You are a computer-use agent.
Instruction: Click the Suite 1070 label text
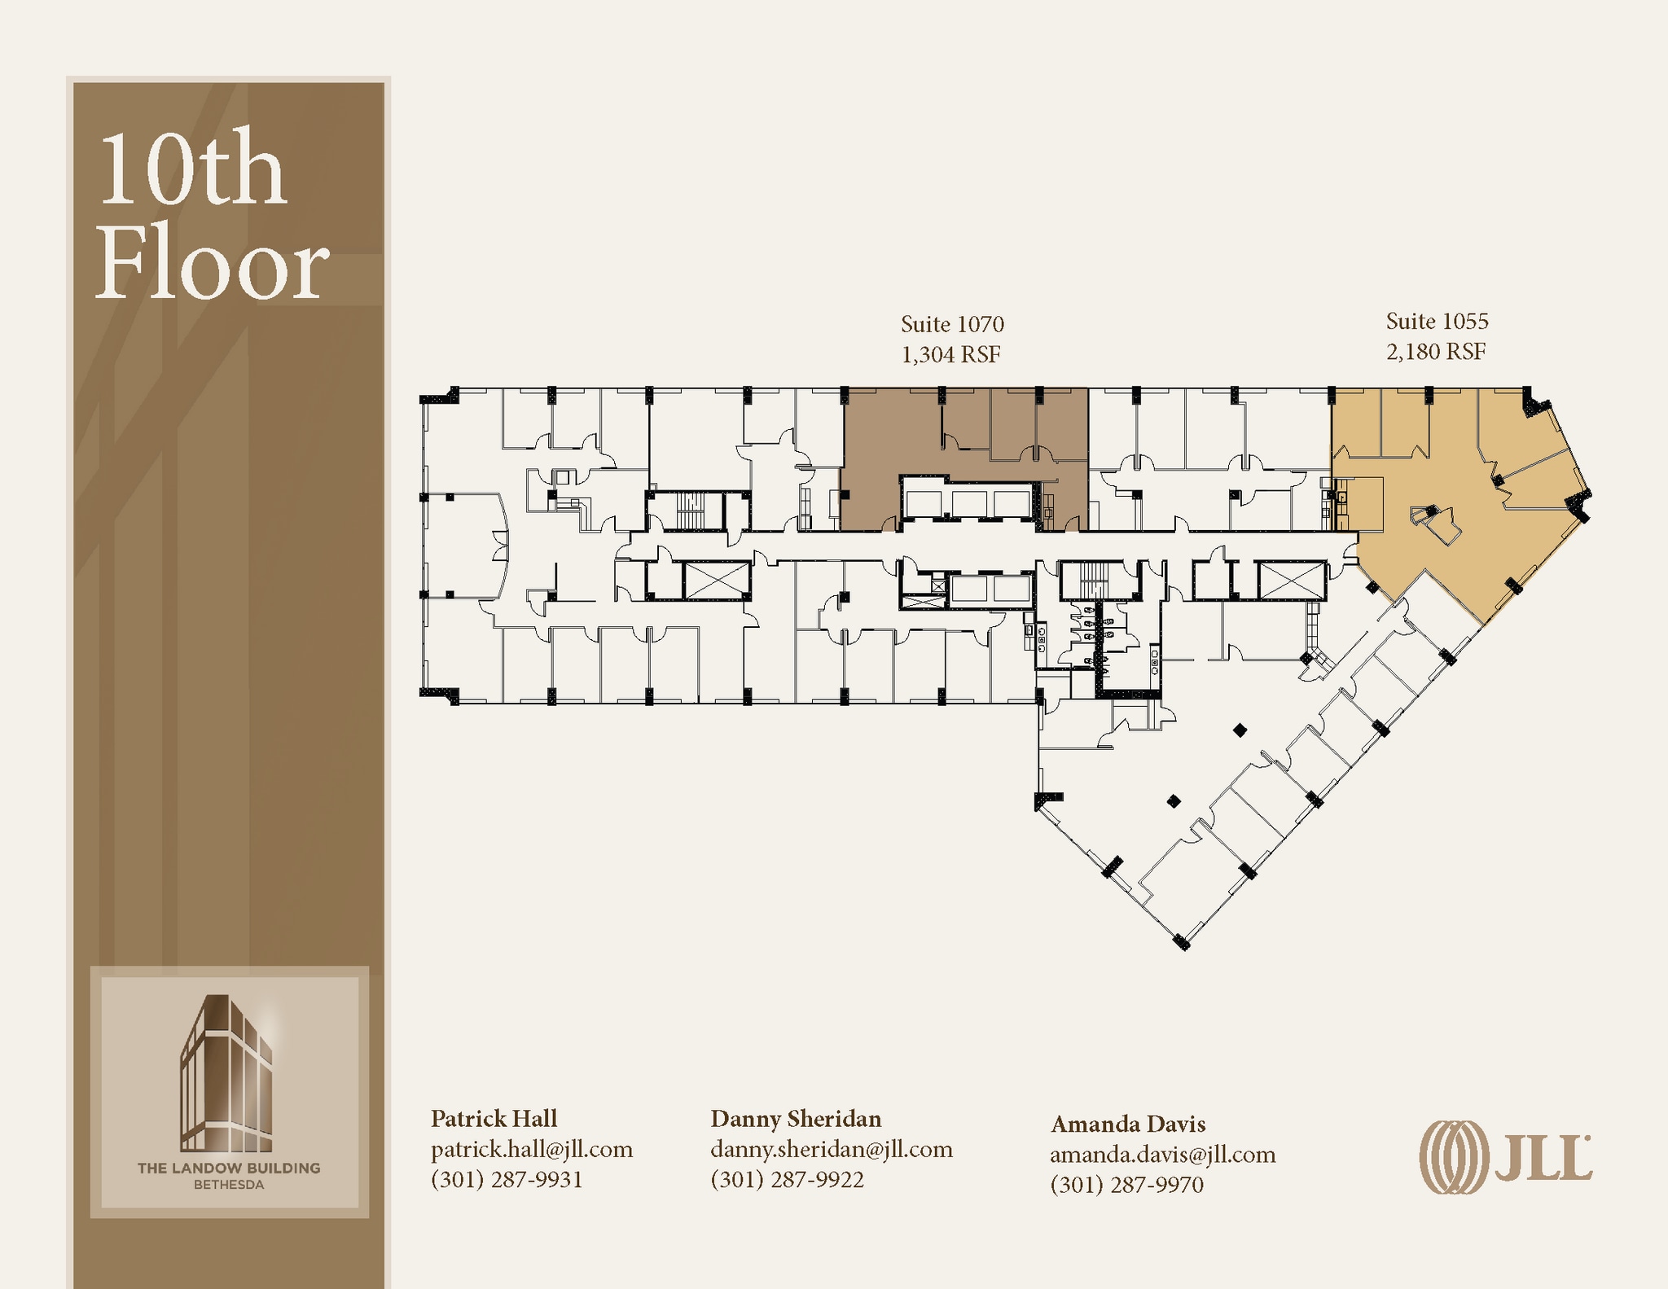click(x=952, y=325)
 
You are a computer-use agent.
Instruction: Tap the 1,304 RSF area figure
click(x=950, y=355)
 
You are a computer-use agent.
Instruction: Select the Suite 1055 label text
click(x=1438, y=322)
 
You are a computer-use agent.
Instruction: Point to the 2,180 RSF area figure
click(x=1436, y=352)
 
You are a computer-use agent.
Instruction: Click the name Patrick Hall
click(x=494, y=1119)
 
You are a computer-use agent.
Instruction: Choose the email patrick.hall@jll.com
click(x=532, y=1150)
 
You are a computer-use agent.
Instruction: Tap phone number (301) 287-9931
click(x=507, y=1180)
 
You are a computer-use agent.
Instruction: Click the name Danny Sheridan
click(x=796, y=1119)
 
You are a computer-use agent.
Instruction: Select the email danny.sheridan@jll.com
click(x=832, y=1150)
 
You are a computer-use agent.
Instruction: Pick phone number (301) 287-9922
click(x=787, y=1180)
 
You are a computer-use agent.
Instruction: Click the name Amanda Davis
click(x=1128, y=1125)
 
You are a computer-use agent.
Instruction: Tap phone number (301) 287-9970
click(x=1126, y=1185)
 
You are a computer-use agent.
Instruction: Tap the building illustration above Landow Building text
click(x=227, y=1073)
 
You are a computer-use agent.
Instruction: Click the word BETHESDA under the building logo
click(x=229, y=1186)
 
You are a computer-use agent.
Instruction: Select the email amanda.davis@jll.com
click(x=1162, y=1155)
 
